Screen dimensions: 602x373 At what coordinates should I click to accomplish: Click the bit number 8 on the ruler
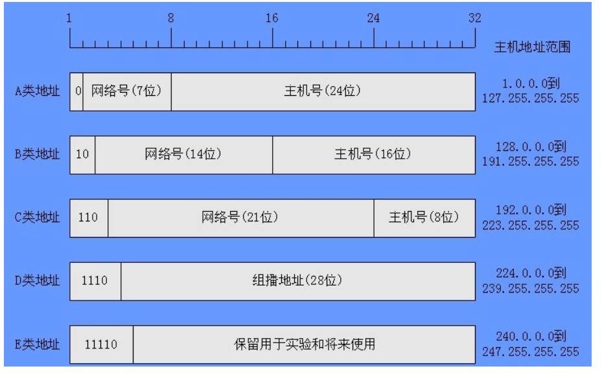pyautogui.click(x=171, y=17)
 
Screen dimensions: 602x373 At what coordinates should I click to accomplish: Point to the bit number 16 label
pyautogui.click(x=272, y=17)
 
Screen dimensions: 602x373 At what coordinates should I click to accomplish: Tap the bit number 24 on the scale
pyautogui.click(x=373, y=17)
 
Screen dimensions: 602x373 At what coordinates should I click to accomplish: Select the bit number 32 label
pyautogui.click(x=474, y=17)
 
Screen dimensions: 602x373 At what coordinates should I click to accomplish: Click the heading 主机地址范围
pyautogui.click(x=532, y=47)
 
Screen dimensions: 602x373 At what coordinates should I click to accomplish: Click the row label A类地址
pyautogui.click(x=37, y=91)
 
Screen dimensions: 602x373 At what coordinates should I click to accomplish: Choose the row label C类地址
pyautogui.click(x=37, y=218)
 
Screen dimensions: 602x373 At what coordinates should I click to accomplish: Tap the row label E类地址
pyautogui.click(x=37, y=345)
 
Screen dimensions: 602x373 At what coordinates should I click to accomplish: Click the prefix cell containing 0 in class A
pyautogui.click(x=76, y=92)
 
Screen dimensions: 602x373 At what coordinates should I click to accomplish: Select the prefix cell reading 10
pyautogui.click(x=82, y=155)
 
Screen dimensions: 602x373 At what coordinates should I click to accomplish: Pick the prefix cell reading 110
pyautogui.click(x=89, y=218)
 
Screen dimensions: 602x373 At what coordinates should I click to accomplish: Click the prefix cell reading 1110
pyautogui.click(x=96, y=281)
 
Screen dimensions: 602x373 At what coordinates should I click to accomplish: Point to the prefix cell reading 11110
pyautogui.click(x=102, y=345)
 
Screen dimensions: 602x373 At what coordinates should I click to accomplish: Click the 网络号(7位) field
pyautogui.click(x=127, y=92)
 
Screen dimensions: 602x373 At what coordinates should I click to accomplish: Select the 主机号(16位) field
pyautogui.click(x=374, y=155)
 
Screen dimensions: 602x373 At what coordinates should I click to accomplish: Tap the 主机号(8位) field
pyautogui.click(x=424, y=218)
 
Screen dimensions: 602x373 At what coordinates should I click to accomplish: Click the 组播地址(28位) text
pyautogui.click(x=297, y=280)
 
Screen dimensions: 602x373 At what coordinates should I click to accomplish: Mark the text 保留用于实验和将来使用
pyautogui.click(x=305, y=345)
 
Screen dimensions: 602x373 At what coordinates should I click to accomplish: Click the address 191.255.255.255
pyautogui.click(x=531, y=161)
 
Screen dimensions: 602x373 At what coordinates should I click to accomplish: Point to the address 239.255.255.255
pyautogui.click(x=531, y=289)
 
